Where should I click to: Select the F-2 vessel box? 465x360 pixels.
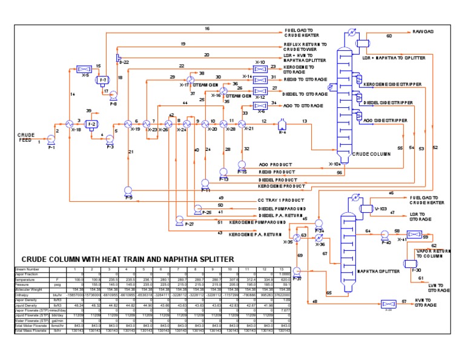pos(92,124)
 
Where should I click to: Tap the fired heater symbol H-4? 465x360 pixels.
pos(281,125)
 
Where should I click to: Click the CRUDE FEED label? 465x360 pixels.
pos(28,138)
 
